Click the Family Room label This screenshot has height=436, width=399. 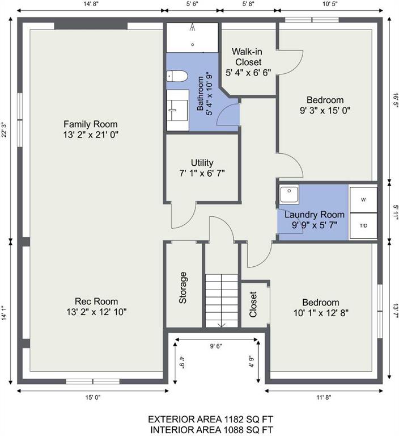tap(91, 124)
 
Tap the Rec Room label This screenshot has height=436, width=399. tap(96, 301)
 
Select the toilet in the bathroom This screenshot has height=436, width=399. tap(177, 76)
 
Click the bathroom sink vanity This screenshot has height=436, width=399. tap(178, 110)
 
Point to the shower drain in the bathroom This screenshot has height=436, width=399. tap(193, 44)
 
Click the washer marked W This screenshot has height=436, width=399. tap(363, 200)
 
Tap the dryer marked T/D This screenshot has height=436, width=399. tap(363, 225)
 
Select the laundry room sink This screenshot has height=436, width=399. tap(289, 194)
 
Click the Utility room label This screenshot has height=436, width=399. tap(202, 163)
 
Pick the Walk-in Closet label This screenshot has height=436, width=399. tap(247, 57)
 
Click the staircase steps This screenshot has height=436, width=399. tap(222, 301)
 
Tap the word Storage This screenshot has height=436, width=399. tap(182, 288)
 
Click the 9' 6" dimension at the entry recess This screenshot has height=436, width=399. tap(216, 346)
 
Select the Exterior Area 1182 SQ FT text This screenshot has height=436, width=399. tap(210, 420)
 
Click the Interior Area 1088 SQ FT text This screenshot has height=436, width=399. tap(211, 430)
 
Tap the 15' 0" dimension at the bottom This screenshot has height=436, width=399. tap(93, 397)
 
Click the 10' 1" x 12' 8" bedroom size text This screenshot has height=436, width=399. tap(321, 313)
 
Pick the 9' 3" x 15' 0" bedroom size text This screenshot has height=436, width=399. tap(325, 111)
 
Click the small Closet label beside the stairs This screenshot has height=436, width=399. tap(253, 304)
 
